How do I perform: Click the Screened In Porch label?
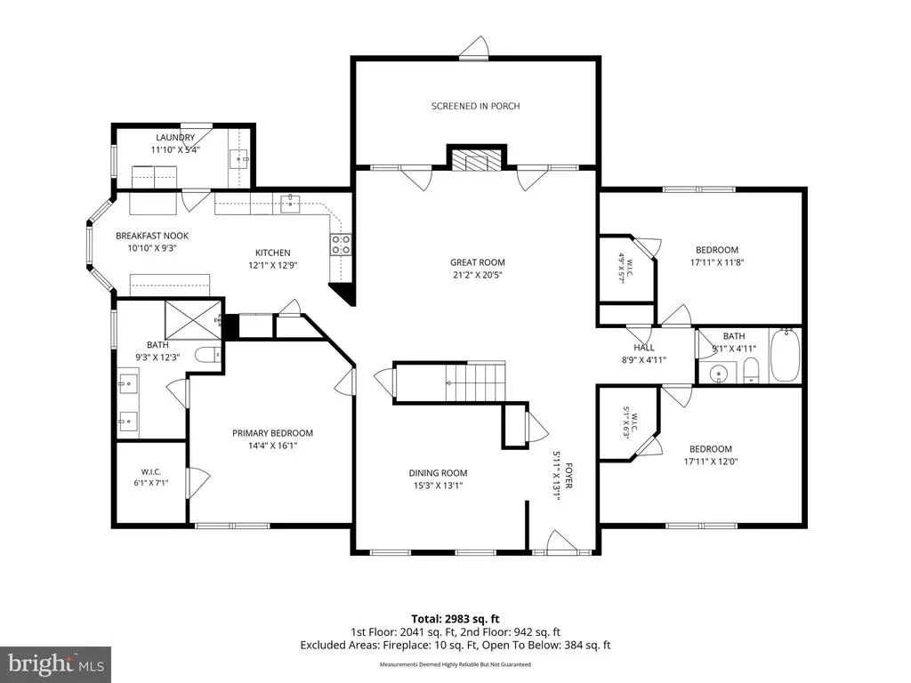coord(475,107)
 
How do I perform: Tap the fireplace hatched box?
coord(477,161)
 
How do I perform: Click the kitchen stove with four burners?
coord(341,245)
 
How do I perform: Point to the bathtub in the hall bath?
coord(785,356)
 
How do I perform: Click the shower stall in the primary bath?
coord(193,320)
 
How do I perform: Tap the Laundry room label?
coord(175,138)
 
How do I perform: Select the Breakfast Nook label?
coord(152,236)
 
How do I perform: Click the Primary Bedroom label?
coord(272,433)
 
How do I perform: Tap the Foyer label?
coord(568,475)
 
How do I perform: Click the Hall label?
coord(644,348)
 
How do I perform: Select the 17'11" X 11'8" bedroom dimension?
coord(716,262)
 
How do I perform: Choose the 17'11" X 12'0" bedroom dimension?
coord(711,462)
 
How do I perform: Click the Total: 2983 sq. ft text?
coord(455,619)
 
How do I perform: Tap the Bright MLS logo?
coord(56,663)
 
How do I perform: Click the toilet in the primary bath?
coord(208,354)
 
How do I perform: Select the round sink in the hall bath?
coord(719,373)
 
